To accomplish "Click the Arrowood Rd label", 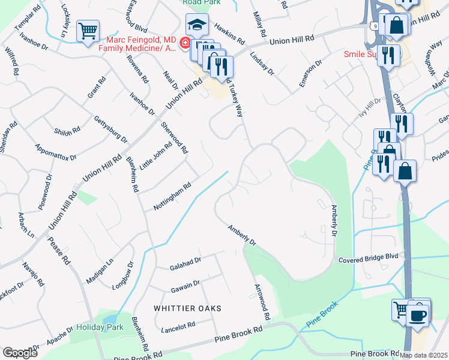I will pos(262,301).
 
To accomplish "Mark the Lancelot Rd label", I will pos(178,327).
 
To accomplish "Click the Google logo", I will pos(20,352).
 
